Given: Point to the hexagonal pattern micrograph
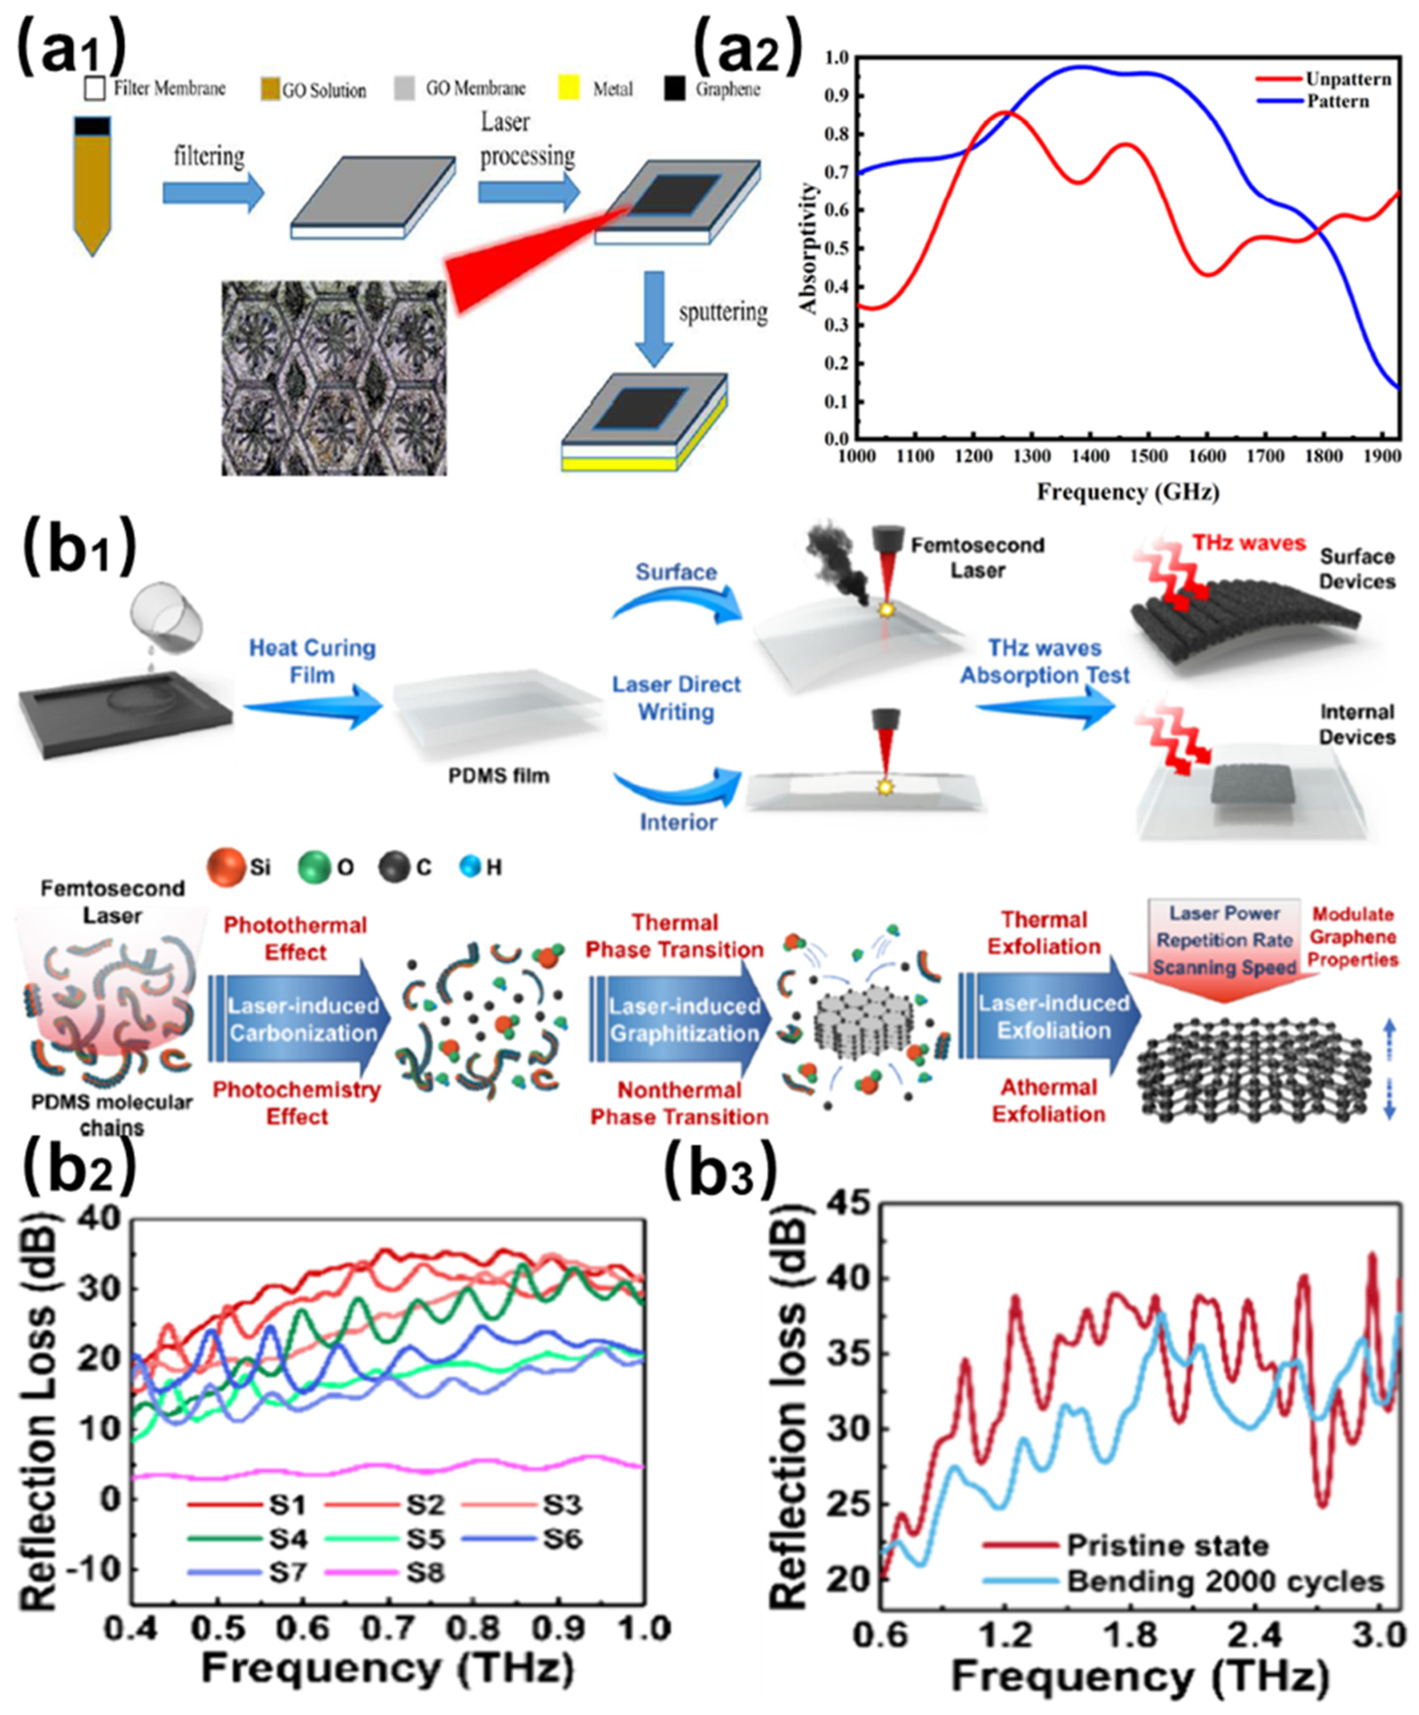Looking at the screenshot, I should click(x=334, y=377).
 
